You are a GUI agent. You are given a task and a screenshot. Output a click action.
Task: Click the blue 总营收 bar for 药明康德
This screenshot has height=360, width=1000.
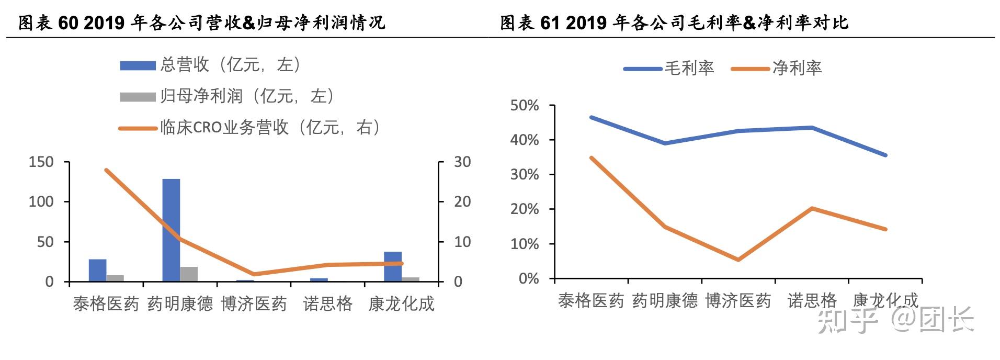pos(171,230)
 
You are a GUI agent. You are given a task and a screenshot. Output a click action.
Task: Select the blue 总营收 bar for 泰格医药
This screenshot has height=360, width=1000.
pos(97,271)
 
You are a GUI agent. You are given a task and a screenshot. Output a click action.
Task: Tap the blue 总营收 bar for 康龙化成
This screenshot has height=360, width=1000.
pos(393,267)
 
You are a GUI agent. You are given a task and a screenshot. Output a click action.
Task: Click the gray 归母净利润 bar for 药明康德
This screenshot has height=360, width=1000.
pos(189,274)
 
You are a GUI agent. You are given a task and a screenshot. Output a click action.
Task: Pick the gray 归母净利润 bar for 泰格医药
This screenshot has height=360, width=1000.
pos(115,278)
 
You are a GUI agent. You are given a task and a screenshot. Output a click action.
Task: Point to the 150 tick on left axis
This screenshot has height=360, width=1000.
pos(41,162)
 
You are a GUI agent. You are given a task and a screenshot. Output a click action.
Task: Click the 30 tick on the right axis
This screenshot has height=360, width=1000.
pos(462,162)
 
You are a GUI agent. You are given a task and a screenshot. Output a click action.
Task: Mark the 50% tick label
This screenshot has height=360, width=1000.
pos(524,106)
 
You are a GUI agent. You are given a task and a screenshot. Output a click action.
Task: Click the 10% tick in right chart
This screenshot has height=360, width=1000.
pos(524,244)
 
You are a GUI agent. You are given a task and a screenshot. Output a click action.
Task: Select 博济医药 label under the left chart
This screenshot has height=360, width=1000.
pos(254,304)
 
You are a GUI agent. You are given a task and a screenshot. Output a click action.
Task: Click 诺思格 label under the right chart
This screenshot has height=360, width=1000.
pos(812,301)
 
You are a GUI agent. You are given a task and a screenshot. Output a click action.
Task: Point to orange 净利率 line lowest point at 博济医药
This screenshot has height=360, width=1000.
pos(738,260)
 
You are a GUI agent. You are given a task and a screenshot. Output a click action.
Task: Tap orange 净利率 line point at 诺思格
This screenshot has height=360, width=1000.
pos(812,208)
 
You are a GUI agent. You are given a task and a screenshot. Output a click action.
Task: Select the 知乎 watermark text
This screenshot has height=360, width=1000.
pos(847,320)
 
